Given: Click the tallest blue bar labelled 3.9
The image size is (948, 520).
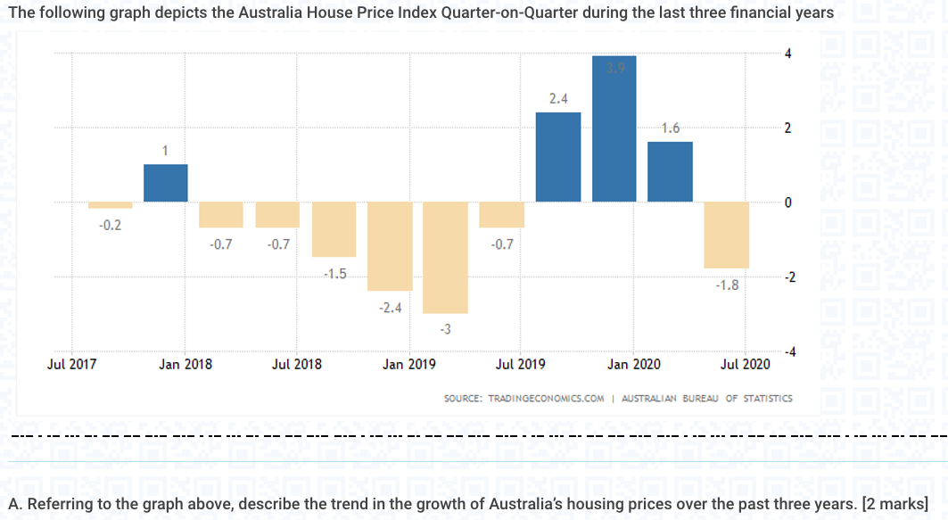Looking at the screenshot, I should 614,129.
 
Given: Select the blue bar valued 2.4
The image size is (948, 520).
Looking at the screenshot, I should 558,157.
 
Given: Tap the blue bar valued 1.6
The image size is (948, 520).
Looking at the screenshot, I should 671,172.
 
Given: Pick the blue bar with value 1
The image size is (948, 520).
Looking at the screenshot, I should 166,183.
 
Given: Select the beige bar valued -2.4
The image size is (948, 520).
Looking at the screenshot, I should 390,246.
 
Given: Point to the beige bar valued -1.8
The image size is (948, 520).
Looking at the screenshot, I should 727,235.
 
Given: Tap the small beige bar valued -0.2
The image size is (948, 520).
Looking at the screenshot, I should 110,205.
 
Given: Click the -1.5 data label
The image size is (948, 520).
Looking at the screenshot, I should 334,274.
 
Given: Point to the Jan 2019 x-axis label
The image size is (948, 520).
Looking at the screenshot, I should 409,364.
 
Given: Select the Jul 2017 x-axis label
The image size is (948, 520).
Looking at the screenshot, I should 71,364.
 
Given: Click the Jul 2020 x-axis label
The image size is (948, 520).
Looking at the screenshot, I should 745,364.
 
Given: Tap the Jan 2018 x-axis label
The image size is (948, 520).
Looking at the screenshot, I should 185,364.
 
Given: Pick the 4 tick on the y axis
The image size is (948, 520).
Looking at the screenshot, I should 787,54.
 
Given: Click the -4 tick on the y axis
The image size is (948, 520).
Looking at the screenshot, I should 787,354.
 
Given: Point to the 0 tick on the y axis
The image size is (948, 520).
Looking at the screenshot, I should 787,203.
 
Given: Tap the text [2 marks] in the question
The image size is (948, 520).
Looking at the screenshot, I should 895,503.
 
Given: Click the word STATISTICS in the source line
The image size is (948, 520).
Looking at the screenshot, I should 767,399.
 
